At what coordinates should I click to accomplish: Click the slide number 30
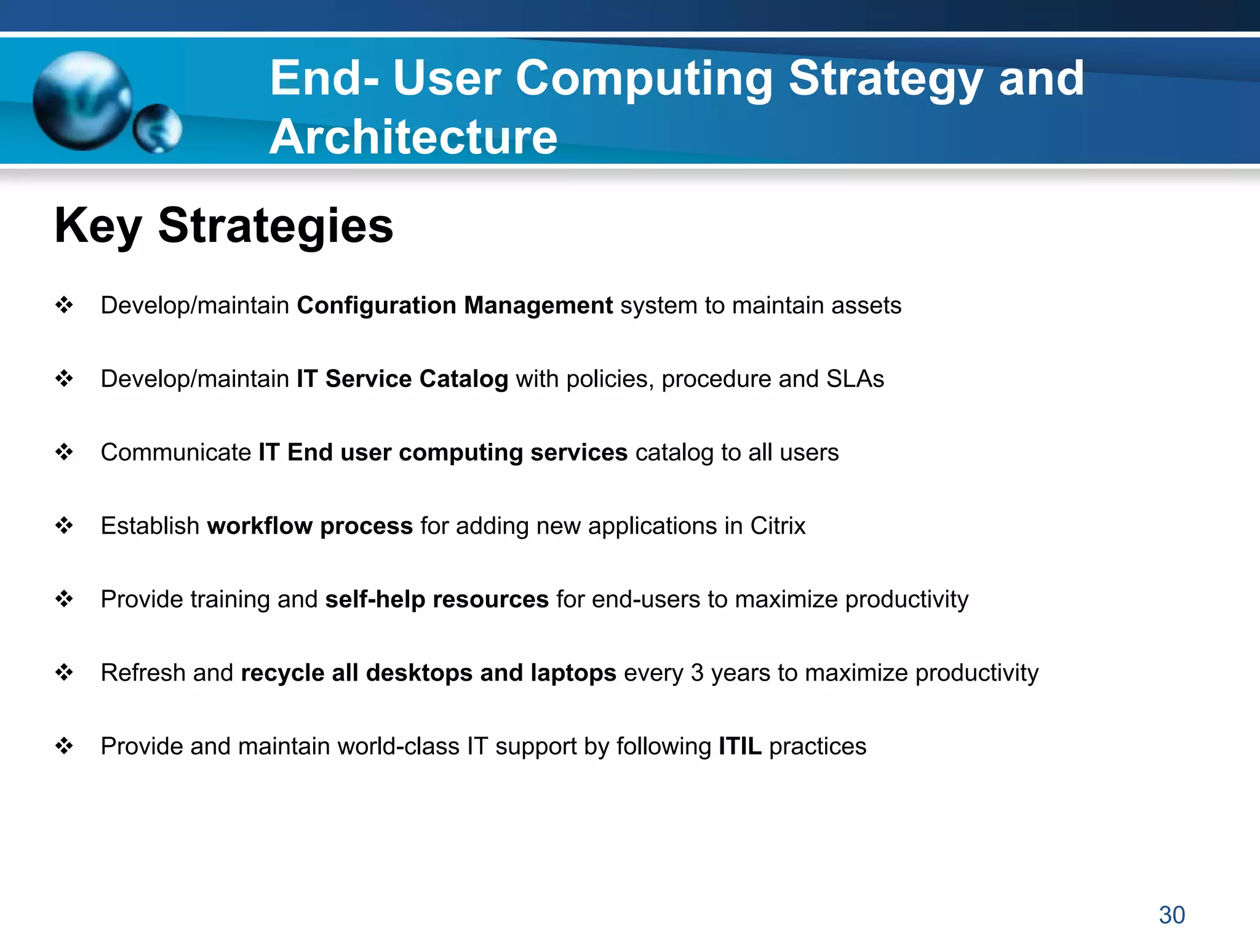[x=1171, y=915]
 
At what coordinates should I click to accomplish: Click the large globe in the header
[x=82, y=101]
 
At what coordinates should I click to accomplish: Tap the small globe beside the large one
[x=157, y=129]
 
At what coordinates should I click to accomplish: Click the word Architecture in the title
[x=413, y=137]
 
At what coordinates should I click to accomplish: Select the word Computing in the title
[x=644, y=79]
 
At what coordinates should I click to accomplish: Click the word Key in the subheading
[x=98, y=226]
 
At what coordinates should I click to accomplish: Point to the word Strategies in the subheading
[x=275, y=226]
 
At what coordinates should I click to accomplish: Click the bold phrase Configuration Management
[x=455, y=305]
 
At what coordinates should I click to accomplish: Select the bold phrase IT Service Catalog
[x=402, y=378]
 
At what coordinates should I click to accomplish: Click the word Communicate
[x=175, y=452]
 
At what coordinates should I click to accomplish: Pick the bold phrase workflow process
[x=309, y=526]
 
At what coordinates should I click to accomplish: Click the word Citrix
[x=777, y=526]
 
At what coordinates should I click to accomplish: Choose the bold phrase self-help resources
[x=437, y=599]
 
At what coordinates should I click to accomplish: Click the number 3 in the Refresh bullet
[x=696, y=673]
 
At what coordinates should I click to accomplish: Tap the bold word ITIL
[x=740, y=746]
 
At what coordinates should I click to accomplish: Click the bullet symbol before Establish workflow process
[x=64, y=526]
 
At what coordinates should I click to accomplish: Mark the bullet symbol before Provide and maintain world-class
[x=64, y=746]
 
